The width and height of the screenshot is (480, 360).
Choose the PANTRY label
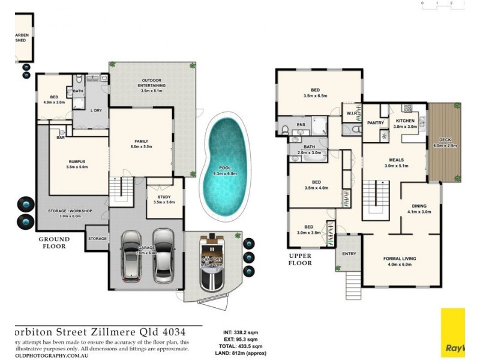(x=376, y=123)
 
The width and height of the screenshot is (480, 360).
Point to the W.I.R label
(x=351, y=112)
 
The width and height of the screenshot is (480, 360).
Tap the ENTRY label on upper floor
(x=349, y=253)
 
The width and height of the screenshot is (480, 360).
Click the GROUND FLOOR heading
(x=55, y=242)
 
